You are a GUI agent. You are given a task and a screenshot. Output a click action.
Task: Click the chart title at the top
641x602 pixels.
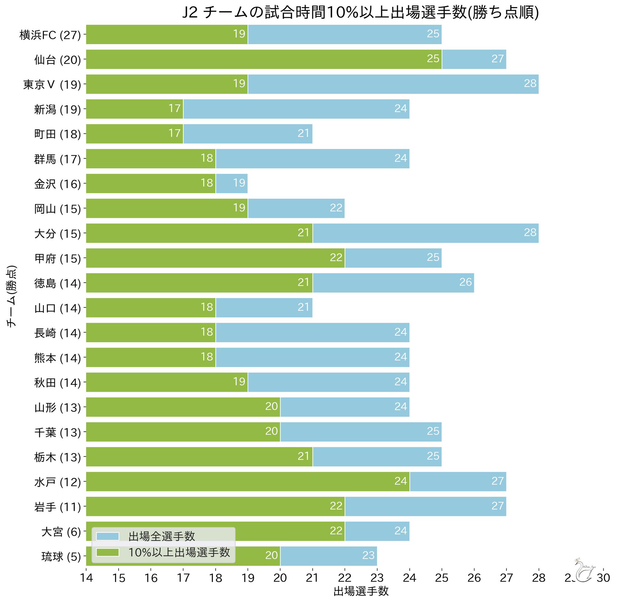360,13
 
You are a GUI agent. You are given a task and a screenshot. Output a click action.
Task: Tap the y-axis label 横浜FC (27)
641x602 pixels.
50,35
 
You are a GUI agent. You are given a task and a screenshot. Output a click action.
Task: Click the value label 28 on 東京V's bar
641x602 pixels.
530,84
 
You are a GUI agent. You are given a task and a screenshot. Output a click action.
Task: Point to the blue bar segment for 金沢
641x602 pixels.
232,183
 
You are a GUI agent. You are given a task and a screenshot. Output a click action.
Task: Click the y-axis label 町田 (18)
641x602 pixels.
57,134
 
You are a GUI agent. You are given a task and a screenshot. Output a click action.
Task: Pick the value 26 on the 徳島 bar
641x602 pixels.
466,282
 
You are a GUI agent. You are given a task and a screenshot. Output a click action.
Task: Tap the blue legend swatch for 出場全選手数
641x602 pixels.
108,536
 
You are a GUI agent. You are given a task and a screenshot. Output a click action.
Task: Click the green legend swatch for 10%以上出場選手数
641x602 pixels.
108,552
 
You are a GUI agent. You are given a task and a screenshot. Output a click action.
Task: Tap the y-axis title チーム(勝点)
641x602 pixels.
11,296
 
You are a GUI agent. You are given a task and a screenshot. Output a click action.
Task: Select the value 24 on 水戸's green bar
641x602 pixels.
401,481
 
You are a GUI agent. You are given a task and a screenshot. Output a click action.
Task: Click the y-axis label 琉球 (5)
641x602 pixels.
61,557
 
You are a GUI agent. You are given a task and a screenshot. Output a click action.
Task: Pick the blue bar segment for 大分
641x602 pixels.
426,233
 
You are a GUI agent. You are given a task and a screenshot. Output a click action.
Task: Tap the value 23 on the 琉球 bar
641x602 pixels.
368,556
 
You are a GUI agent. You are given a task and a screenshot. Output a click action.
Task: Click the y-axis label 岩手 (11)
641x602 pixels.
57,507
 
